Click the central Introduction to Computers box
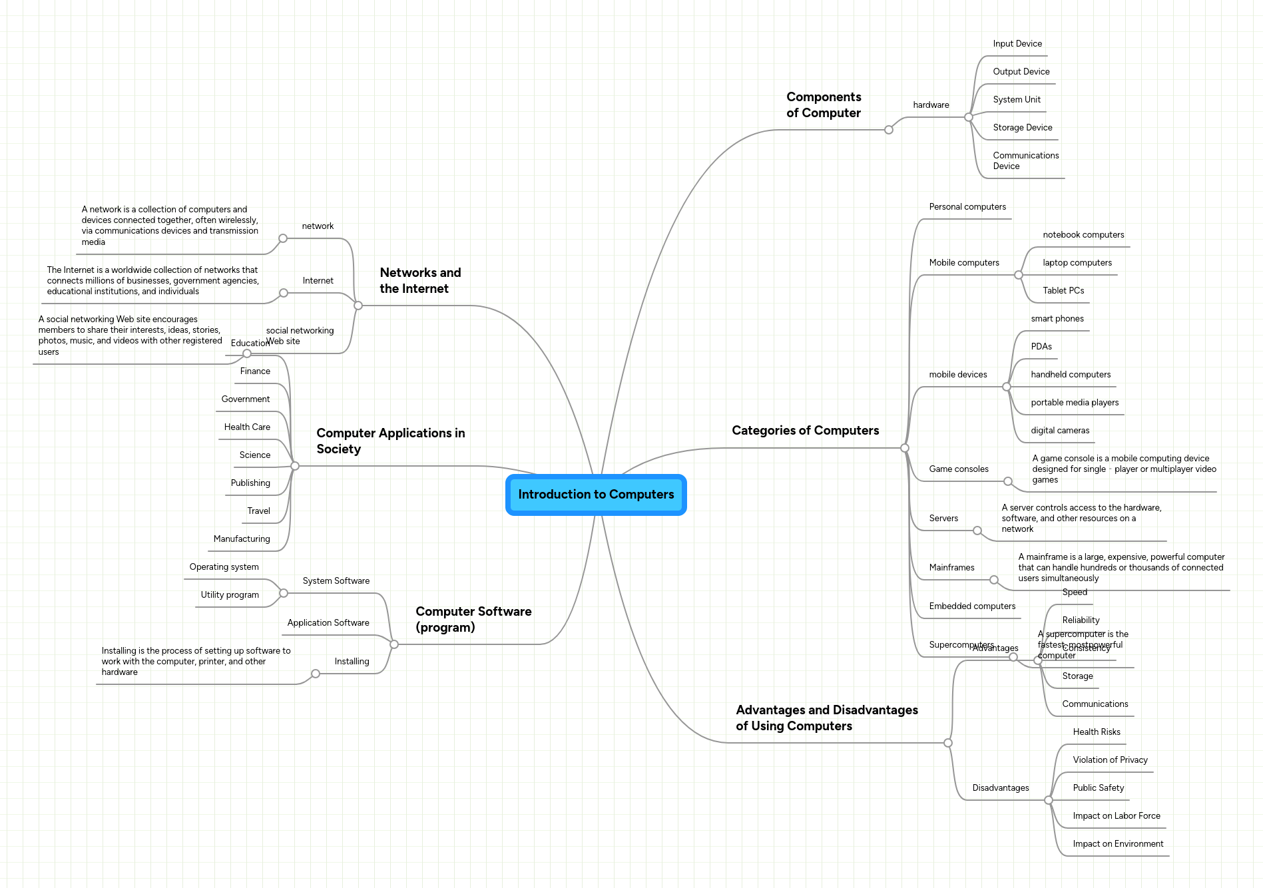pos(596,495)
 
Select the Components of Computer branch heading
pos(824,105)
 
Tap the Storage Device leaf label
pos(1022,128)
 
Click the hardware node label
pos(931,105)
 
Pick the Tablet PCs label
pos(1063,291)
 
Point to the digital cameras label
pos(1060,431)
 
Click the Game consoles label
pos(959,469)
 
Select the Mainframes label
pos(951,568)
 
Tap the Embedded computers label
pos(972,606)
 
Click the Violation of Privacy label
pos(1110,760)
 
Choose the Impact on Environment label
pos(1118,844)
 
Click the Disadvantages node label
pos(1000,788)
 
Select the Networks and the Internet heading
pos(420,281)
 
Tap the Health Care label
pos(247,427)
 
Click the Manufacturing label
pos(242,539)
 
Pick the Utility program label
pos(230,595)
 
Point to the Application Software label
pos(328,623)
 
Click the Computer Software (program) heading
pos(473,620)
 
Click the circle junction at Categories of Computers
pos(904,448)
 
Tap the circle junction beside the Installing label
pos(316,674)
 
